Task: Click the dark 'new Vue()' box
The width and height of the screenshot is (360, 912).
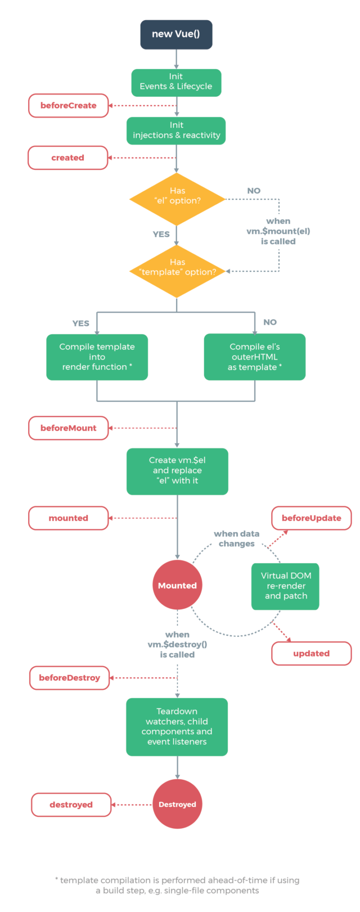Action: (176, 34)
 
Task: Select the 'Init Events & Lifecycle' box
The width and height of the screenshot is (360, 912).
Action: (176, 82)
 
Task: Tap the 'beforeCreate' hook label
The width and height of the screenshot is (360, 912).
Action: (68, 106)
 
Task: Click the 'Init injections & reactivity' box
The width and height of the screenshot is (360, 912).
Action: (176, 131)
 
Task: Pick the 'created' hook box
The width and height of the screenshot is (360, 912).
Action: (67, 158)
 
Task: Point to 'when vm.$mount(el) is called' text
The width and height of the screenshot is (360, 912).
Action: (278, 231)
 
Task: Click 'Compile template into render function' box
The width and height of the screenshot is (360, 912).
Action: (97, 357)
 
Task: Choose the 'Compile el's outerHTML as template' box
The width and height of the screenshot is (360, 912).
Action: (254, 357)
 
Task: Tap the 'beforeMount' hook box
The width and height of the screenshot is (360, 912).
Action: (68, 428)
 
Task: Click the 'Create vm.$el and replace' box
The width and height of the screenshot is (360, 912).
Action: (177, 471)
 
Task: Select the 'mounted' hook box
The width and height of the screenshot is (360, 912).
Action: (68, 518)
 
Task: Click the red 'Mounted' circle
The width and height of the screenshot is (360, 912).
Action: (177, 585)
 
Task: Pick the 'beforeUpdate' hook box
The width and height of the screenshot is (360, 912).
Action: (311, 518)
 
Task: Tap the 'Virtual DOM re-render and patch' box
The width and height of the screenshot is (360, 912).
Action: (285, 586)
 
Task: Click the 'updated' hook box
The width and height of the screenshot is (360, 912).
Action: (311, 654)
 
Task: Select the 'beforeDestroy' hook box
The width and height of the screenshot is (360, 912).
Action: (69, 678)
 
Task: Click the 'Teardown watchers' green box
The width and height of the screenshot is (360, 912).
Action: (177, 726)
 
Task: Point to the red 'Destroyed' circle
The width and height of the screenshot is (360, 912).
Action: (177, 805)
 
